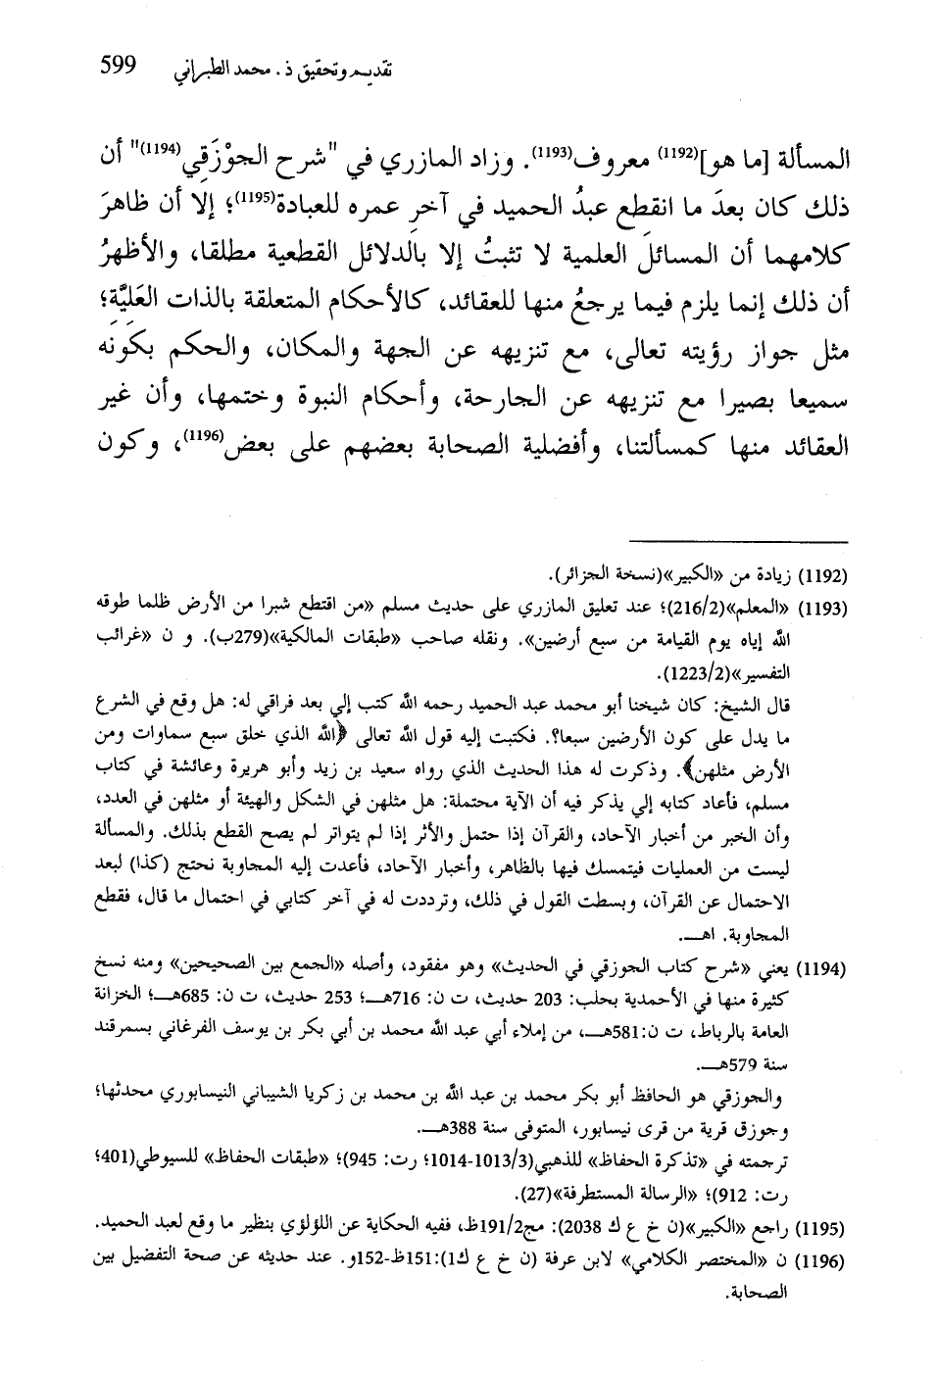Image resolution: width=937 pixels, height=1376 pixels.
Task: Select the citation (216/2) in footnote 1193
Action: (x=682, y=609)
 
